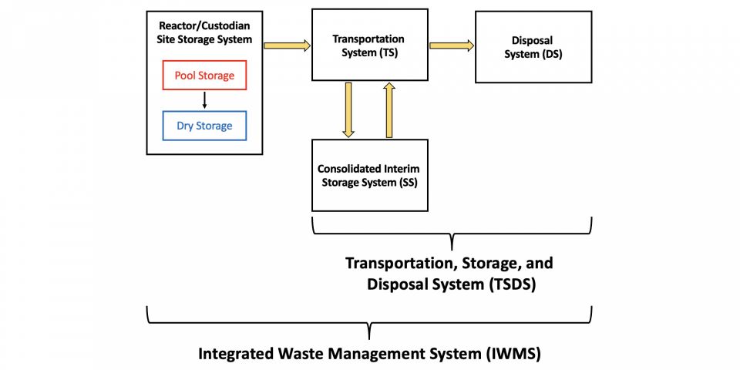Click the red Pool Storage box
point(204,76)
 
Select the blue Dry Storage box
point(204,126)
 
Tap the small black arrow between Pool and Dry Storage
point(204,101)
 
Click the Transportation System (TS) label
point(368,45)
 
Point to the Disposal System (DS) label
point(533,46)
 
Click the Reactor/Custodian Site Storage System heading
point(204,32)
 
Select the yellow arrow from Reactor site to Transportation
point(287,45)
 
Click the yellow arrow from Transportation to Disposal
point(452,45)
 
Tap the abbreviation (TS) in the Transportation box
point(392,52)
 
